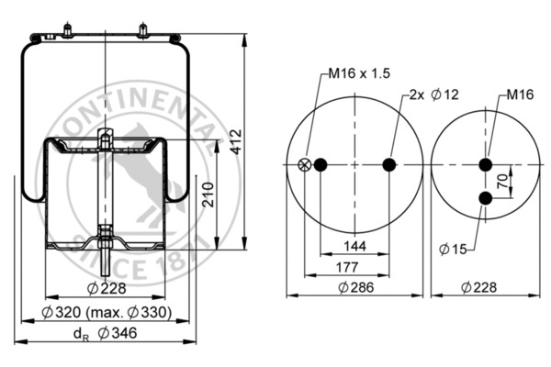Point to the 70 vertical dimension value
(502, 182)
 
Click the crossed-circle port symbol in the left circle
(305, 165)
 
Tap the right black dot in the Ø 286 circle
(388, 165)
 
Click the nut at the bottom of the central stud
(107, 242)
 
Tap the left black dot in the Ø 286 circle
(320, 165)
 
